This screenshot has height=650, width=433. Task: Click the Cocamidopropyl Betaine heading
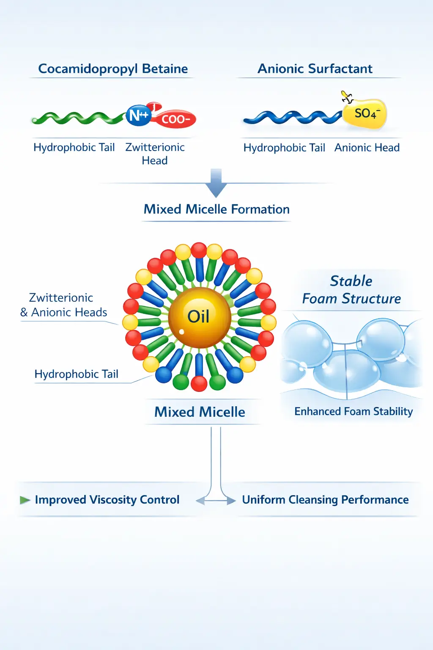113,69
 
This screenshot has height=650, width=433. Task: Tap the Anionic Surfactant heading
315,69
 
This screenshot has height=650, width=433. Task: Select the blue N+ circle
139,116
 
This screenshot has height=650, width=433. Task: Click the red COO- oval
175,118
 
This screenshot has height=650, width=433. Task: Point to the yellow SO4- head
365,114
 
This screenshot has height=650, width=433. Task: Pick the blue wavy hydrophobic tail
293,117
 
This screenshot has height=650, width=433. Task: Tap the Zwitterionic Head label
155,154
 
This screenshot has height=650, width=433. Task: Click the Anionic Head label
367,148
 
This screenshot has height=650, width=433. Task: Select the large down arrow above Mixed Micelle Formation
216,183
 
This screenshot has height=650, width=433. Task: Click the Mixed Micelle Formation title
216,209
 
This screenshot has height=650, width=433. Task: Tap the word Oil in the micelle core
198,316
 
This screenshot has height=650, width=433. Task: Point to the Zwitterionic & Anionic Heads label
63,305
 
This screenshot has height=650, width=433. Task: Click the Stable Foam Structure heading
351,289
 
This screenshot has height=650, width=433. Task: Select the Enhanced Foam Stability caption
354,411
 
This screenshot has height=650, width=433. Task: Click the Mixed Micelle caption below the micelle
200,412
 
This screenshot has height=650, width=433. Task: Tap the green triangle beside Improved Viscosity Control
25,500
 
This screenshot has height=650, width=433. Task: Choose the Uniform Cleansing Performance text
326,500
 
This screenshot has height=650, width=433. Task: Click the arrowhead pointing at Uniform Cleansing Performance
231,500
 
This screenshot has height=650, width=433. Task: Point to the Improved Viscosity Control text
107,500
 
